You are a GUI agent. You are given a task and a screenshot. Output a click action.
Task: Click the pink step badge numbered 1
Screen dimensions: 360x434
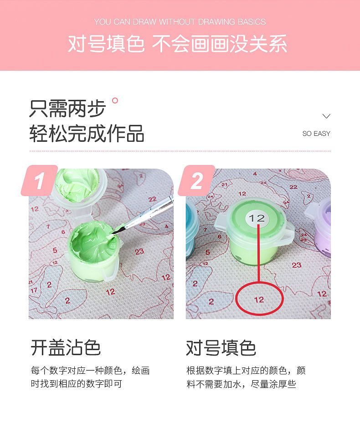39,181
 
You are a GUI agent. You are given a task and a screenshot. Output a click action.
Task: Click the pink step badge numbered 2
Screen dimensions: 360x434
196,181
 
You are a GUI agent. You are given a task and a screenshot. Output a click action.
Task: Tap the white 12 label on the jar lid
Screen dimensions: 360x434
257,218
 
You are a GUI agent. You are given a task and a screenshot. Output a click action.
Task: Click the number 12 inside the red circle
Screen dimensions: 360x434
259,300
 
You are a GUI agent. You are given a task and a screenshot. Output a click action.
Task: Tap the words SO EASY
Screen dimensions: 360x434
316,134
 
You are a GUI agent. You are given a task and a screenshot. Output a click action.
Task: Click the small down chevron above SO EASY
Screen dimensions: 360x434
327,116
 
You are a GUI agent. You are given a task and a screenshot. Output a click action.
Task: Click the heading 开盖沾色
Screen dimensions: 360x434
66,348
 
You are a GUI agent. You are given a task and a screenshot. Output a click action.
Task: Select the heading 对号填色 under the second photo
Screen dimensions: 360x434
221,348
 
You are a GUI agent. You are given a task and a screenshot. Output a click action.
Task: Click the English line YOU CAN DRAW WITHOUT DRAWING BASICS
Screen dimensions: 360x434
180,22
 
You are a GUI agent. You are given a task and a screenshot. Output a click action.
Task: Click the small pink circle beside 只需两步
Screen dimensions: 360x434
115,101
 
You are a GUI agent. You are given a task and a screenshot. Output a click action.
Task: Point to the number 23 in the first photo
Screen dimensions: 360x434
139,251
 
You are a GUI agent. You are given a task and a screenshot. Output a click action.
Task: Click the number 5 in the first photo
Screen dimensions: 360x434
55,250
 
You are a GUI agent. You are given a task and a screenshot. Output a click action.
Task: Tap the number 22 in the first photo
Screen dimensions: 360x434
152,199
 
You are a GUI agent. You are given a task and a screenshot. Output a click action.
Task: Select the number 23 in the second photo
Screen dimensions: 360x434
297,265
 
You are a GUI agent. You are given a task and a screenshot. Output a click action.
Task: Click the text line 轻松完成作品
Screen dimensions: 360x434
87,134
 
